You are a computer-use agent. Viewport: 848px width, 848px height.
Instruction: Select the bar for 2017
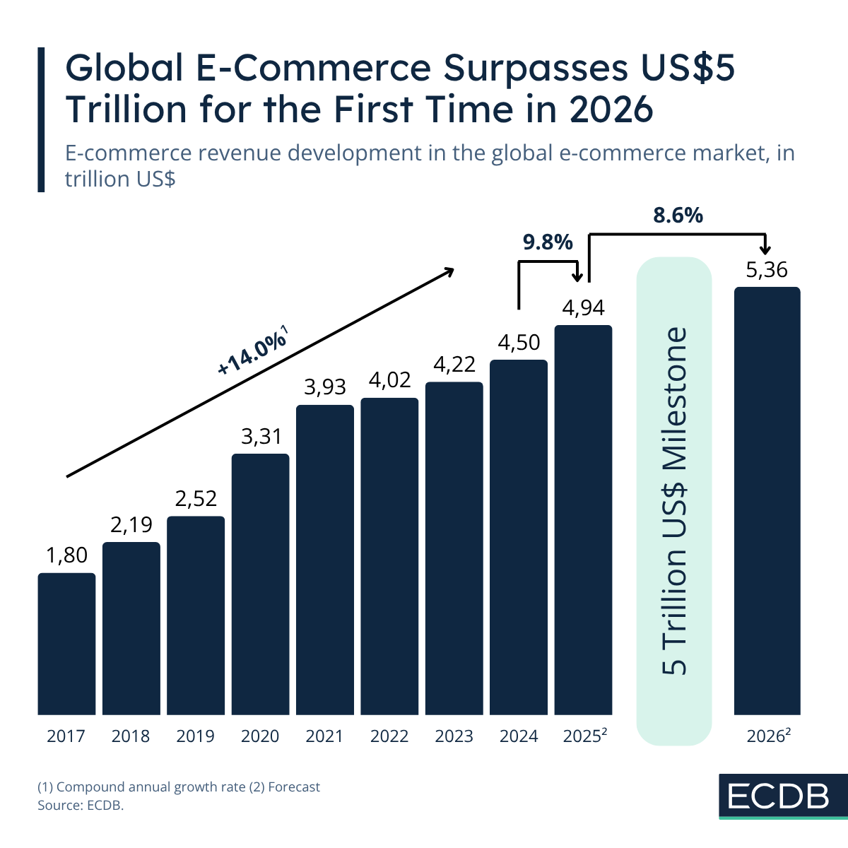click(x=66, y=643)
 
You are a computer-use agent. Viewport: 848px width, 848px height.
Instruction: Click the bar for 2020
click(x=260, y=584)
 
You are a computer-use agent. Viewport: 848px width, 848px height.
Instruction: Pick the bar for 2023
click(x=454, y=548)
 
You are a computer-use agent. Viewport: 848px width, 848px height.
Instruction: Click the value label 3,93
click(x=325, y=387)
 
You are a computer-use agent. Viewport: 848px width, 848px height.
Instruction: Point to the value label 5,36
click(x=767, y=270)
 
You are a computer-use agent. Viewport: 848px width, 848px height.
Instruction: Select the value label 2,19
click(x=131, y=524)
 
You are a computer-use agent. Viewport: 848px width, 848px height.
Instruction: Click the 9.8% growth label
click(x=547, y=242)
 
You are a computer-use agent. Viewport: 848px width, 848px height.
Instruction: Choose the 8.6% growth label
click(x=678, y=216)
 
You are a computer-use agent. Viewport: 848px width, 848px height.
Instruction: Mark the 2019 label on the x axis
click(x=196, y=736)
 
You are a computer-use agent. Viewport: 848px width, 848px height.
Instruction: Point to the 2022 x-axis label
click(x=389, y=736)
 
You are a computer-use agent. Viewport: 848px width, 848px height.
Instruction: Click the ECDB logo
click(x=778, y=796)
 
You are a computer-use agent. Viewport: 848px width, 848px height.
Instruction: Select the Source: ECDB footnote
click(x=81, y=805)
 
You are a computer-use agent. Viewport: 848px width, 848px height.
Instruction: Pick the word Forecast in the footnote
click(x=294, y=787)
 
